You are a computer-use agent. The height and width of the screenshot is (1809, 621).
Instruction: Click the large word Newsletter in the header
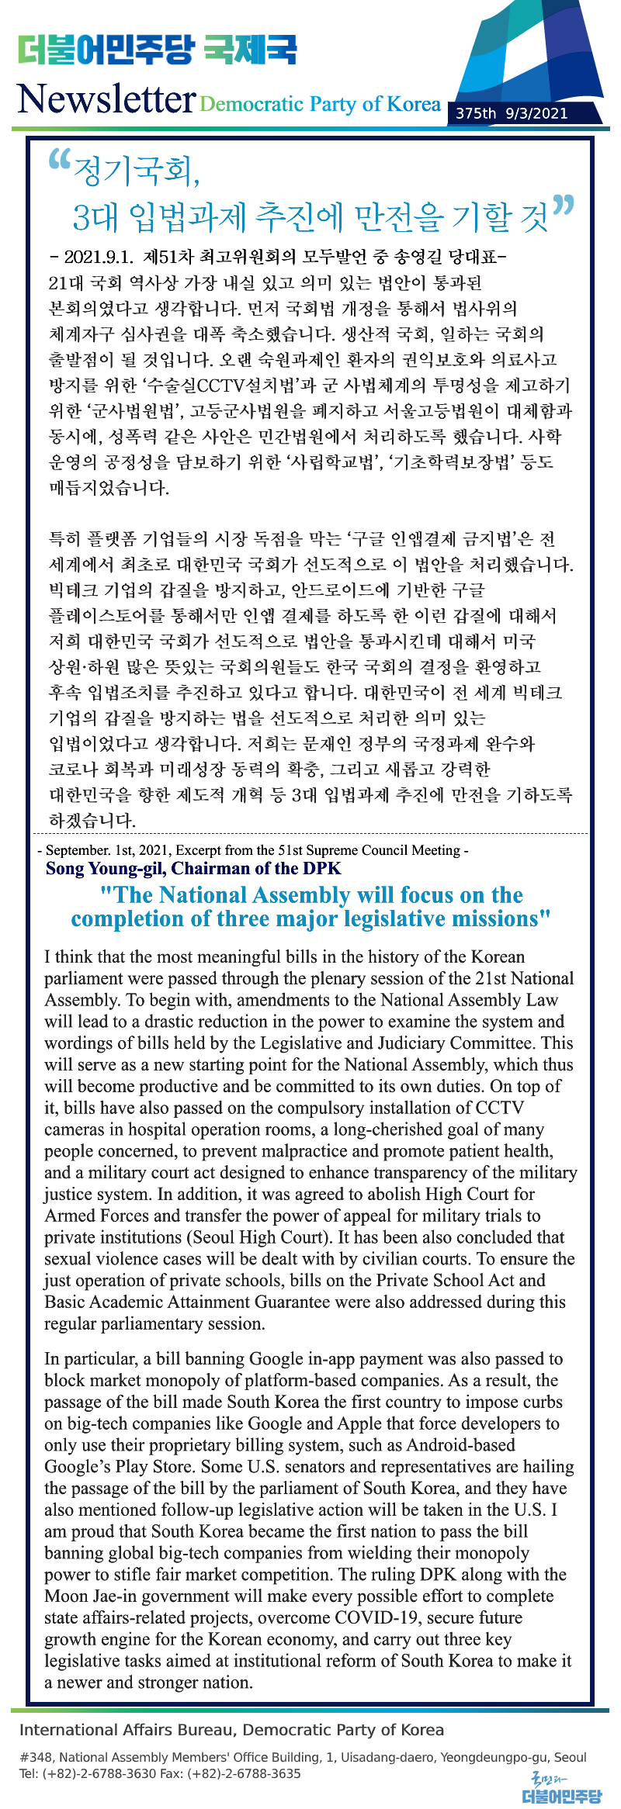click(106, 99)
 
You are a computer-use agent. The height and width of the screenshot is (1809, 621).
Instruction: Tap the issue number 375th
click(476, 113)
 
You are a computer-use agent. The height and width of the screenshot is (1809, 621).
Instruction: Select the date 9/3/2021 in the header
click(536, 113)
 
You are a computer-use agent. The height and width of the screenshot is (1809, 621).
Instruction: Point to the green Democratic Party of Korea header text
click(320, 104)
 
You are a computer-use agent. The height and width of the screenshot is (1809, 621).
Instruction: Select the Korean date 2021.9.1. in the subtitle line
click(99, 256)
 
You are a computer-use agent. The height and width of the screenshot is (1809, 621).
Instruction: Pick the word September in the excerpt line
click(78, 850)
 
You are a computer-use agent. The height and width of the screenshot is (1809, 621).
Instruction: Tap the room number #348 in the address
click(36, 1757)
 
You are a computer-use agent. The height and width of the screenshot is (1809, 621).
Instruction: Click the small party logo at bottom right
click(561, 1787)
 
